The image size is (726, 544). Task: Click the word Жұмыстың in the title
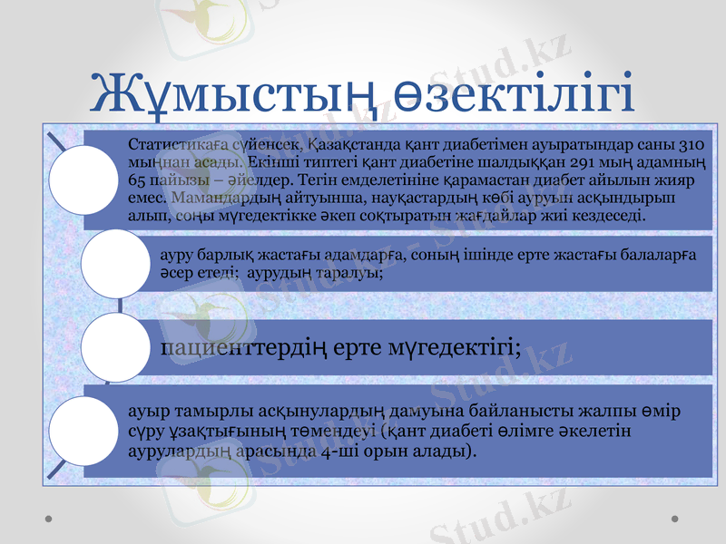click(x=234, y=94)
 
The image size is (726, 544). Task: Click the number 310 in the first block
click(x=696, y=145)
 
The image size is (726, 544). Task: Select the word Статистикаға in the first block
click(x=172, y=145)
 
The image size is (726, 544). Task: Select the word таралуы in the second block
click(x=348, y=274)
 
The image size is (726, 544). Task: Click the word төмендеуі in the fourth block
click(x=326, y=432)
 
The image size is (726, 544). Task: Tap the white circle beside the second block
click(x=113, y=263)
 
